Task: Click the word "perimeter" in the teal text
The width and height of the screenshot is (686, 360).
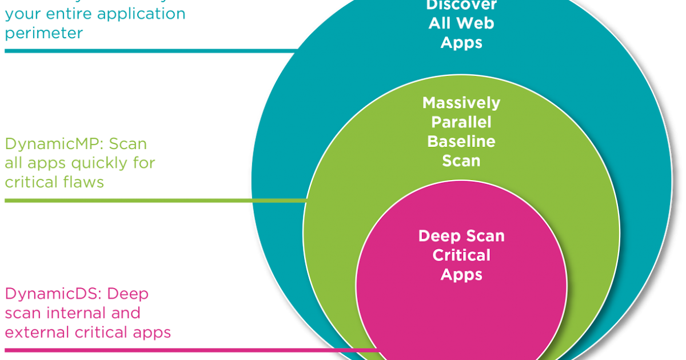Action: pyautogui.click(x=43, y=33)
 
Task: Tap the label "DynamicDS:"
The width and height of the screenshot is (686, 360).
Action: pyautogui.click(x=53, y=294)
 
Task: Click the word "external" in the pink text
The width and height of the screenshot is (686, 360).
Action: pyautogui.click(x=37, y=332)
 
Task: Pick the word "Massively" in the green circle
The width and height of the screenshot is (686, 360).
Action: pyautogui.click(x=461, y=103)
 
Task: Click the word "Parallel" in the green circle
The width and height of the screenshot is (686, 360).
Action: pyautogui.click(x=461, y=122)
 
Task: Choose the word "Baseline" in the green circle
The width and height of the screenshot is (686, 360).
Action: pyautogui.click(x=461, y=141)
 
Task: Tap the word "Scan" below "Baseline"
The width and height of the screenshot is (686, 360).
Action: pyautogui.click(x=461, y=161)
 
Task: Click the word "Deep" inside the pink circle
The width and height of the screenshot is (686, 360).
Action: pyautogui.click(x=438, y=236)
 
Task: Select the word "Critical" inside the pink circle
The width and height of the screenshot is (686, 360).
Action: pyautogui.click(x=461, y=255)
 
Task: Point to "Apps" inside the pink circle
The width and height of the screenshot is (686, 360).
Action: pyautogui.click(x=461, y=274)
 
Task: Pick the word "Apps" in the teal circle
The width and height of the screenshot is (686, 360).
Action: pyautogui.click(x=461, y=43)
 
